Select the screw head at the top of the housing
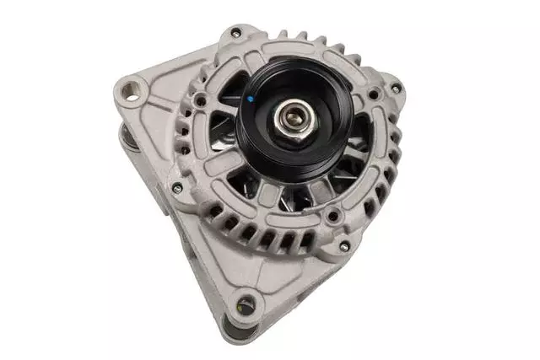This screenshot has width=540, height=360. [x=235, y=34]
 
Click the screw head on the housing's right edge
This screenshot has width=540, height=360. [x=396, y=88]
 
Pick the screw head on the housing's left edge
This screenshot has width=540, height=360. [x=176, y=188]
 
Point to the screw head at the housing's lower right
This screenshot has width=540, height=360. [x=343, y=245]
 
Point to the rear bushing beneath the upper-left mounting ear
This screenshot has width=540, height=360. [x=127, y=139]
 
